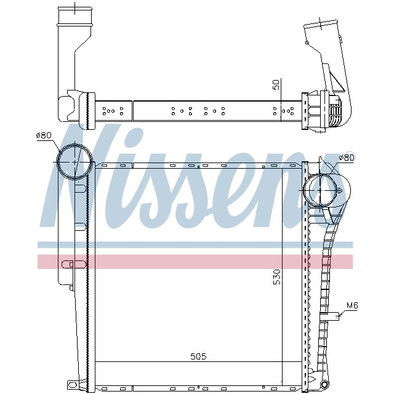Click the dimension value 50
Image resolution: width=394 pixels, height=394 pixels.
(x=277, y=84)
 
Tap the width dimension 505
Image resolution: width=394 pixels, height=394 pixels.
(x=198, y=356)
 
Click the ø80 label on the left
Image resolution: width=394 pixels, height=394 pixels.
(x=44, y=135)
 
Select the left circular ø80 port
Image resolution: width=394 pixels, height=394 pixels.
(x=74, y=161)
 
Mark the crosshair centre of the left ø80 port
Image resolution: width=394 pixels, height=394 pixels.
(x=74, y=161)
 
